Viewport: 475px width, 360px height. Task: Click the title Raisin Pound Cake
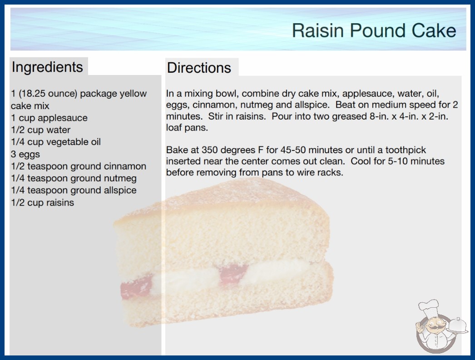pyautogui.click(x=374, y=30)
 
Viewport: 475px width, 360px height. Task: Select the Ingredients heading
pyautogui.click(x=47, y=67)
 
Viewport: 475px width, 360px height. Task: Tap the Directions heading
pyautogui.click(x=199, y=68)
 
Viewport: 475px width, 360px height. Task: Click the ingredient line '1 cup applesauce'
pyautogui.click(x=49, y=118)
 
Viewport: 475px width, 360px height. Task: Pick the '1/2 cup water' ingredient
pyautogui.click(x=40, y=130)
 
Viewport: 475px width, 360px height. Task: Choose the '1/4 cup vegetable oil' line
pyautogui.click(x=56, y=142)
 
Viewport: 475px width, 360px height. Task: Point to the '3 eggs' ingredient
pyautogui.click(x=25, y=154)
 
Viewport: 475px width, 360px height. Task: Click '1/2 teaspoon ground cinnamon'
pyautogui.click(x=79, y=166)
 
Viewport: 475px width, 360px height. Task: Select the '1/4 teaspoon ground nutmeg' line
pyautogui.click(x=74, y=178)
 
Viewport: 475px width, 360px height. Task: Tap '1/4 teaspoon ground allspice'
pyautogui.click(x=74, y=190)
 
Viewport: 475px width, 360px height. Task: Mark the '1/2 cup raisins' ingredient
pyautogui.click(x=42, y=202)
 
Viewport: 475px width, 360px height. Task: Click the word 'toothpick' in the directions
pyautogui.click(x=406, y=150)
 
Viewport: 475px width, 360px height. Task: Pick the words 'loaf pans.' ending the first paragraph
pyautogui.click(x=187, y=128)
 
